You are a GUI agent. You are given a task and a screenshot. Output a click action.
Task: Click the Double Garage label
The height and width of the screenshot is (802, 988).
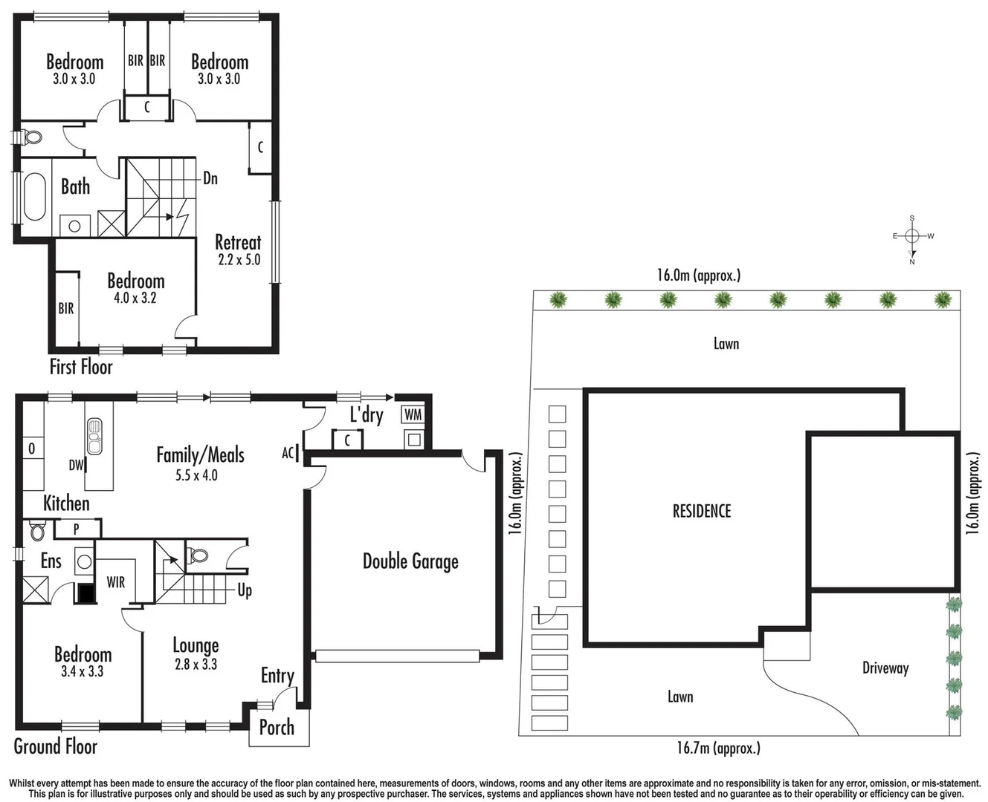pos(410,561)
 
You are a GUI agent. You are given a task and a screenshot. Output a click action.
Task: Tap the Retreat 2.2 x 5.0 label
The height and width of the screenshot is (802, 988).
pos(239,250)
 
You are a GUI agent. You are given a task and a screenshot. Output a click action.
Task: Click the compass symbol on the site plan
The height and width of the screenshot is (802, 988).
pos(912,236)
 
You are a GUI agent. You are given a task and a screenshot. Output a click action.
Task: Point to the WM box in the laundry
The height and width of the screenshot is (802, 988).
pos(413,415)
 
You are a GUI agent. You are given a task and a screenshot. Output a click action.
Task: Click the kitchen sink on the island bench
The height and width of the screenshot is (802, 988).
pos(94,437)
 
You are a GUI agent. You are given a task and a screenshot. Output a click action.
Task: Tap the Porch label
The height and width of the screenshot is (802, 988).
pos(277,727)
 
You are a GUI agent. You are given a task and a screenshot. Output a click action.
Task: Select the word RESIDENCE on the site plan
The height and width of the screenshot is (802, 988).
pos(702,511)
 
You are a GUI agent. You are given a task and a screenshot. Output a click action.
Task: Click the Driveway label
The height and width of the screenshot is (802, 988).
pos(885,668)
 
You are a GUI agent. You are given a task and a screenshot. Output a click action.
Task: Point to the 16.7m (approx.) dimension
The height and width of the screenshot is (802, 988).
pos(718,748)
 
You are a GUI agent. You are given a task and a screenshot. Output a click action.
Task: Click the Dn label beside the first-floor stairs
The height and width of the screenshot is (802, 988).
pos(210,178)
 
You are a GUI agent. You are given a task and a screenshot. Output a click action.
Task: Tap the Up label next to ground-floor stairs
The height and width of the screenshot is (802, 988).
pos(245,590)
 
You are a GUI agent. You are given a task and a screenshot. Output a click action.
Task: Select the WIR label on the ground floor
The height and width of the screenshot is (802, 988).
pos(116,582)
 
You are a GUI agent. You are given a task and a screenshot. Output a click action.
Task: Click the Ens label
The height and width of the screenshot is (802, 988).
pos(51,561)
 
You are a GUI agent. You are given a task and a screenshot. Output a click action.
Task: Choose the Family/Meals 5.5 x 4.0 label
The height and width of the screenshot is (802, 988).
pos(199,463)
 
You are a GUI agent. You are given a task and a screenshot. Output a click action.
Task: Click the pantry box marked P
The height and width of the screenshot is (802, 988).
pos(77,529)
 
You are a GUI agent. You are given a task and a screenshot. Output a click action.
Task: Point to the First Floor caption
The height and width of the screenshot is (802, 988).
pos(81,366)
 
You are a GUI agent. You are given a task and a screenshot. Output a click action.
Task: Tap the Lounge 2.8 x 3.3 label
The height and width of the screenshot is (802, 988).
pos(196,653)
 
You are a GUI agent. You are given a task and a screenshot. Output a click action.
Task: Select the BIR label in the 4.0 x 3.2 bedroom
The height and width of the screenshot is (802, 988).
pos(66,307)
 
